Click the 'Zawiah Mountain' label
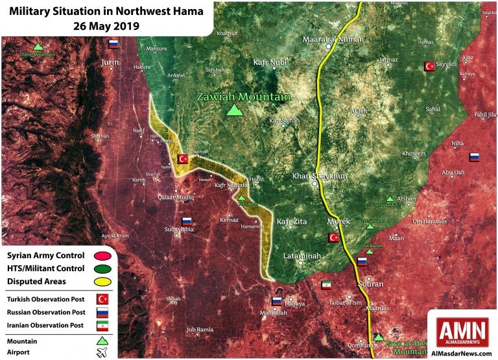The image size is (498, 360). (x=243, y=97)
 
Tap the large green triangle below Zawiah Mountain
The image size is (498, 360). (x=234, y=110)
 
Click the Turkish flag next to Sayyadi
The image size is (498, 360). (x=429, y=66)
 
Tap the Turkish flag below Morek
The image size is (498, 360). (x=334, y=237)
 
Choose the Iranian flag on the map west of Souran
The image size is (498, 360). (x=326, y=285)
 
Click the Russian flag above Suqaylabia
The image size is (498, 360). (x=187, y=221)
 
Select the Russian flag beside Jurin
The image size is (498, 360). (x=114, y=44)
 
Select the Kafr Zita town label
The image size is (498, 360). (x=292, y=222)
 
